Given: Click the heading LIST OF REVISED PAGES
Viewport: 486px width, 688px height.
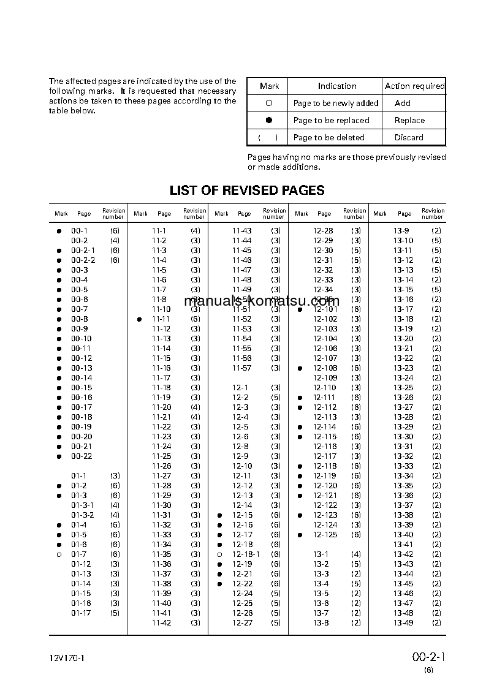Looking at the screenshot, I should pyautogui.click(x=247, y=191).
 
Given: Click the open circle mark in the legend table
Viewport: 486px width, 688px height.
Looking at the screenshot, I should pyautogui.click(x=268, y=104).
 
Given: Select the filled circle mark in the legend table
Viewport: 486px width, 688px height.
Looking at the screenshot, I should pyautogui.click(x=268, y=121).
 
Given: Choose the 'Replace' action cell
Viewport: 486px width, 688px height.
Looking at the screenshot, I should pyautogui.click(x=409, y=121).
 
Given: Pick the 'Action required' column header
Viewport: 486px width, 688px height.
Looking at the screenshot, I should pyautogui.click(x=414, y=86).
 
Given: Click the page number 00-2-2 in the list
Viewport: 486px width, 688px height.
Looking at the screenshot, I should pyautogui.click(x=83, y=260).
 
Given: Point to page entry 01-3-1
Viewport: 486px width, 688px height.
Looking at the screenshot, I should pyautogui.click(x=82, y=505).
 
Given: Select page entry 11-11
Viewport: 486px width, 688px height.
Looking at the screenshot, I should pyautogui.click(x=161, y=319).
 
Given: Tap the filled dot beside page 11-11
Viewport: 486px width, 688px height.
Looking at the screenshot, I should pyautogui.click(x=140, y=319).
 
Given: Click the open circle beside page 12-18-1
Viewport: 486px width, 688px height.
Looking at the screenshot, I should pyautogui.click(x=219, y=554).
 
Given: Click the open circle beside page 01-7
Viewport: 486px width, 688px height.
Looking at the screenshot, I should pyautogui.click(x=59, y=554).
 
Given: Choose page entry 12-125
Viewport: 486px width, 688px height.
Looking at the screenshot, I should pyautogui.click(x=325, y=535).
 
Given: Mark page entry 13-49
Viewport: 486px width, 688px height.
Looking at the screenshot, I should pyautogui.click(x=403, y=623).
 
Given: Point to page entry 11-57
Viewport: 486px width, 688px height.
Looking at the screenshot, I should pyautogui.click(x=241, y=368).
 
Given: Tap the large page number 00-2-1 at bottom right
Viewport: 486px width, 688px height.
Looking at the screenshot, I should pyautogui.click(x=428, y=657).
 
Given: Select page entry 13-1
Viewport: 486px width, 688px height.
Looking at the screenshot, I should pyautogui.click(x=321, y=554).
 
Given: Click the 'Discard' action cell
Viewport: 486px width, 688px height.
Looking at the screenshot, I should pyautogui.click(x=409, y=138).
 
